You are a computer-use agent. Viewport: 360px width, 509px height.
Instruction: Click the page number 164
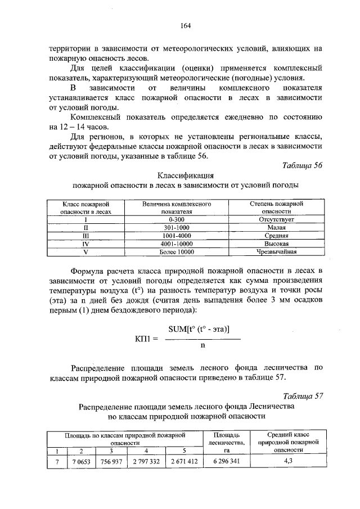point(186,25)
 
